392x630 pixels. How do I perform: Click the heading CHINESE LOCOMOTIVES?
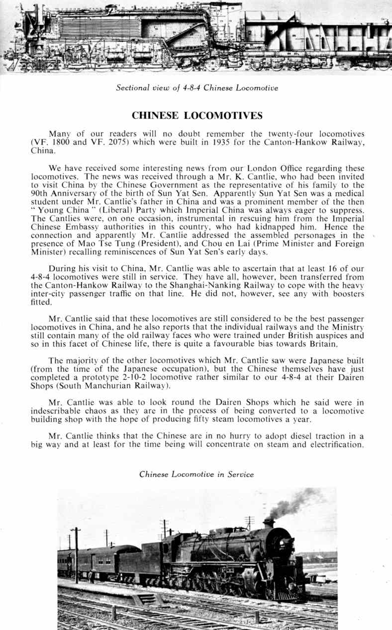coord(196,116)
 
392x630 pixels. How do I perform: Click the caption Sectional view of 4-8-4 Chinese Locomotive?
coord(196,88)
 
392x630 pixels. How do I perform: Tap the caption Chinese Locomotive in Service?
coord(196,474)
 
